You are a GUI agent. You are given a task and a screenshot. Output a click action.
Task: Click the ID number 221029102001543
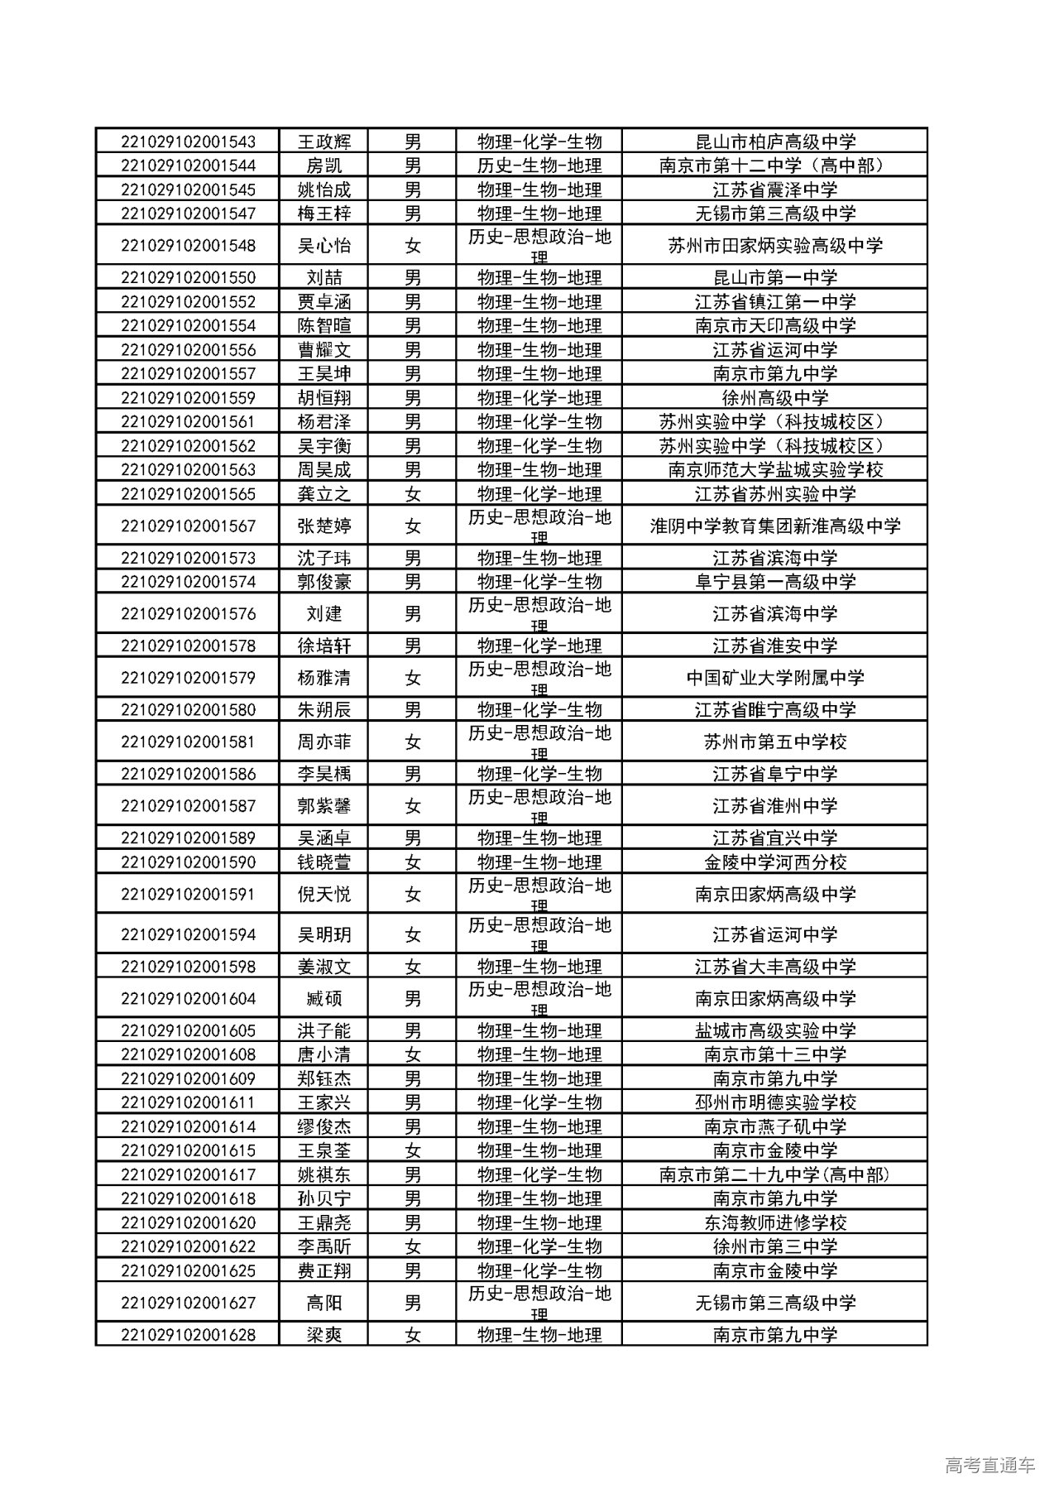tap(188, 142)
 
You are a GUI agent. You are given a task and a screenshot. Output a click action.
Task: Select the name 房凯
tap(323, 166)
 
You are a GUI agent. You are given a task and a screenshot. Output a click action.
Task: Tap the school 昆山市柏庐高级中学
tap(774, 142)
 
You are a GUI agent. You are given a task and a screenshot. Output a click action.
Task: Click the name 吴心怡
tap(323, 246)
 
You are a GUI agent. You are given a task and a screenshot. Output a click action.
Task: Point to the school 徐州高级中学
tap(774, 398)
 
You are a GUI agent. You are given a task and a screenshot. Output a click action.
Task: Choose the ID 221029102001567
tap(188, 526)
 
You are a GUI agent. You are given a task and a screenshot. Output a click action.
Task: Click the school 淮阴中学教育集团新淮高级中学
tap(774, 526)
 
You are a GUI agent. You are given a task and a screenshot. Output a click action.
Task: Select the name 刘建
tap(323, 614)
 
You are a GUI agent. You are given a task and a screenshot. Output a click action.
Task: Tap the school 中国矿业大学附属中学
tap(774, 679)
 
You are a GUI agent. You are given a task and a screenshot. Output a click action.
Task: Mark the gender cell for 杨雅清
tap(412, 679)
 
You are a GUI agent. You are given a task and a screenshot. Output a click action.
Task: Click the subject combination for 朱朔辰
tap(539, 710)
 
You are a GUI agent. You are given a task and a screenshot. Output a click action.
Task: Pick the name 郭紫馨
tap(323, 806)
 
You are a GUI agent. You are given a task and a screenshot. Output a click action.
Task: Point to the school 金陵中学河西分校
tap(774, 862)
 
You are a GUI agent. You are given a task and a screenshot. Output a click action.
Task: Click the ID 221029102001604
tap(188, 999)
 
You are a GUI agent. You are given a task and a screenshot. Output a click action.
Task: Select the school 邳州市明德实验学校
tap(774, 1102)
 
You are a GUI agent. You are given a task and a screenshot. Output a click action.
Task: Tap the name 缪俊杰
tap(323, 1126)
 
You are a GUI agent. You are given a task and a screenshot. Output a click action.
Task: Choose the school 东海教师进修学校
tap(774, 1222)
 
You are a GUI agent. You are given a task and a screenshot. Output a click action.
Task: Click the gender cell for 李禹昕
tap(412, 1246)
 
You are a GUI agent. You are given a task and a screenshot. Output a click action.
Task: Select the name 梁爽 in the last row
tap(323, 1335)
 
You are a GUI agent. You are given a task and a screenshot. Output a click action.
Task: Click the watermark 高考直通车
tap(989, 1465)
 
